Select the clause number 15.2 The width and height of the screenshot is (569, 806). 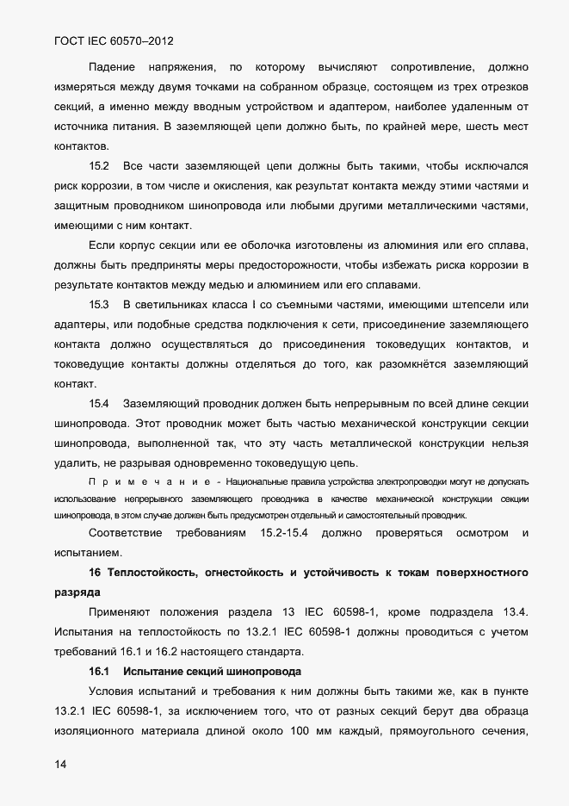pos(100,164)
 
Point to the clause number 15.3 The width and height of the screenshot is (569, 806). pos(100,304)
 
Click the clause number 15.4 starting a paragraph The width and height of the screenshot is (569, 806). pos(100,403)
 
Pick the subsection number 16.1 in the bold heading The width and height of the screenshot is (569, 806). pos(100,671)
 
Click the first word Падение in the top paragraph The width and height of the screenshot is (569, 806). pos(112,66)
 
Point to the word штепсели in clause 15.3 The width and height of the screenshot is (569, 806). pos(482,304)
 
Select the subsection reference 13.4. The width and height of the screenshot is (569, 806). pos(524,612)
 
